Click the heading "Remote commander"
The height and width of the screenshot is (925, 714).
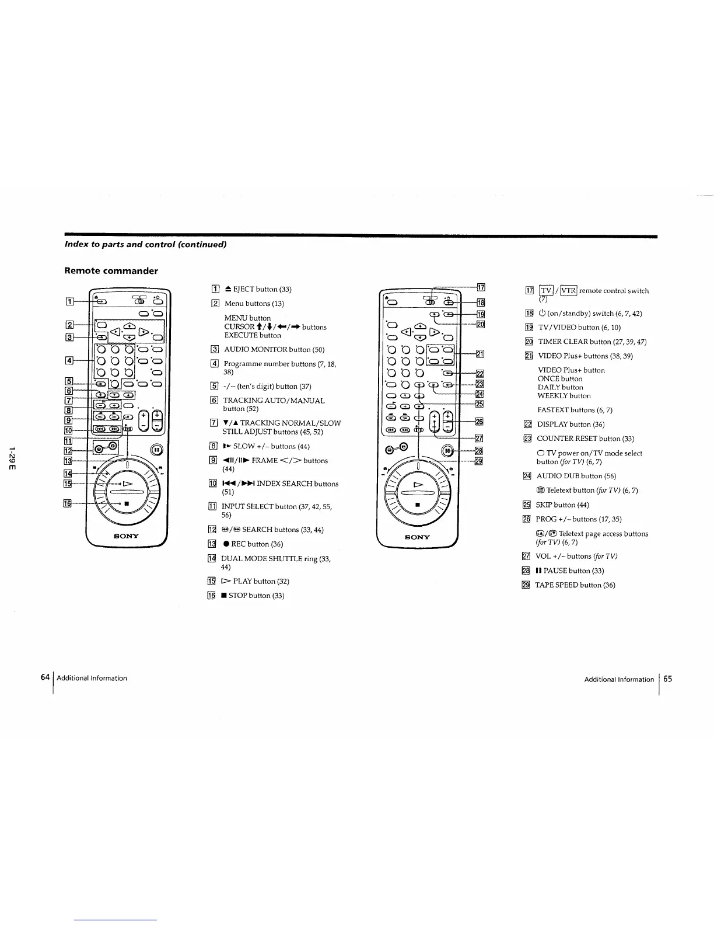coord(111,271)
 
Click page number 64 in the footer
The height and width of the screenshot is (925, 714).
coord(45,677)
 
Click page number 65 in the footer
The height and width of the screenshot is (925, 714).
coord(667,679)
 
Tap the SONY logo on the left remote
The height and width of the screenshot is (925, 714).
coord(127,535)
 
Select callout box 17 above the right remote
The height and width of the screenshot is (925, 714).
coord(481,287)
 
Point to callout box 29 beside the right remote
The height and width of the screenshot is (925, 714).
coord(478,461)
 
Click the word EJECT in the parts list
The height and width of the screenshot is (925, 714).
coord(243,289)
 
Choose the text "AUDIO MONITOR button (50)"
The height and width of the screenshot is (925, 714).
coord(274,350)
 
